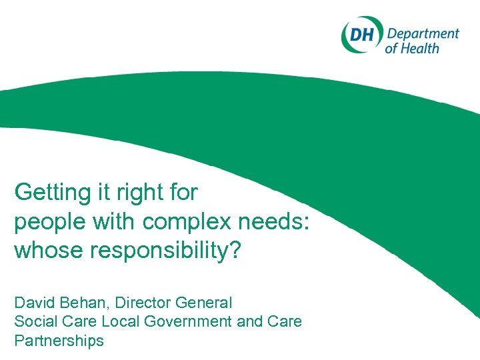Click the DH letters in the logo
(362, 34)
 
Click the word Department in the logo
(423, 34)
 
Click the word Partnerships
(59, 341)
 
